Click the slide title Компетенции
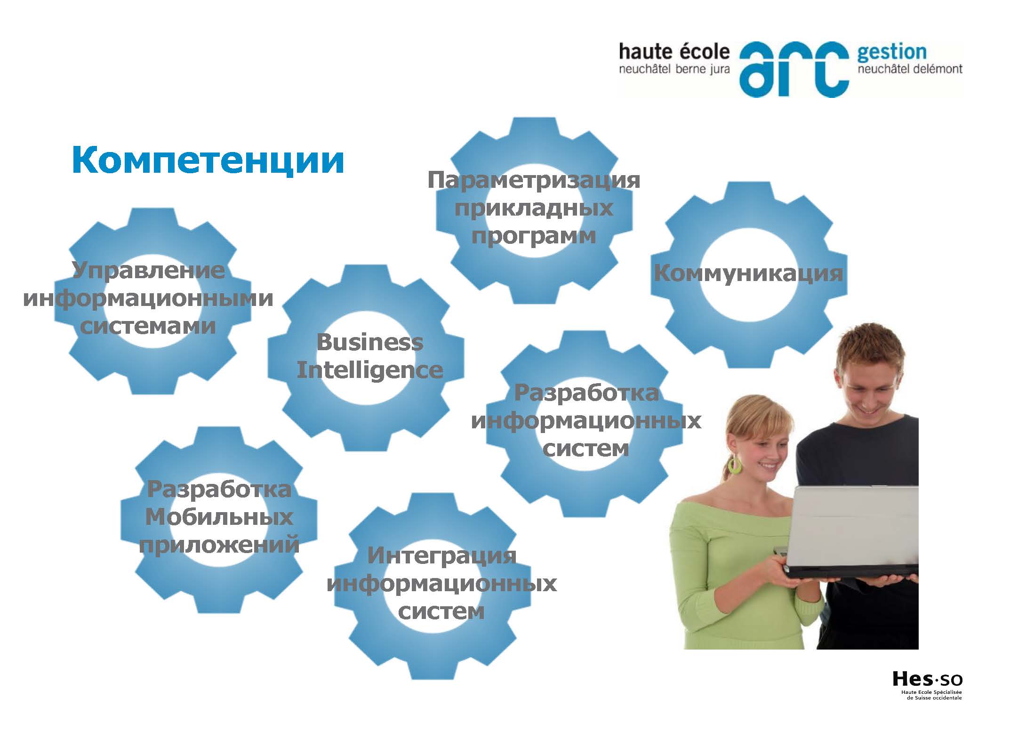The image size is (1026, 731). [x=208, y=161]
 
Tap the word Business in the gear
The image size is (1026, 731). [x=370, y=342]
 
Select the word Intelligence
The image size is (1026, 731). [x=370, y=370]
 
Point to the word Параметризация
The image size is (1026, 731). [x=534, y=180]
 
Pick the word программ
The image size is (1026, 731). [x=534, y=236]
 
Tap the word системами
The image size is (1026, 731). [x=148, y=326]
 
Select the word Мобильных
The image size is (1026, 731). [x=219, y=517]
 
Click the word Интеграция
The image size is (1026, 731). [x=442, y=556]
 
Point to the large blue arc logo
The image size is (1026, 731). [x=794, y=69]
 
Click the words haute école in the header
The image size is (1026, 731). [x=674, y=52]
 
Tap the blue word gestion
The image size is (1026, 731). [x=891, y=53]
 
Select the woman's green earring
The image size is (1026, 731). [x=734, y=465]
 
